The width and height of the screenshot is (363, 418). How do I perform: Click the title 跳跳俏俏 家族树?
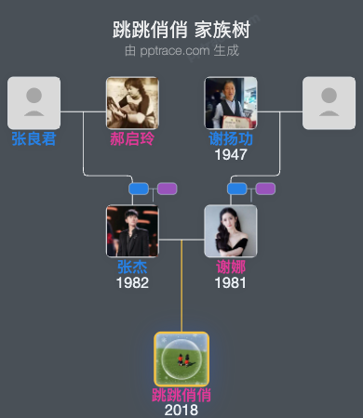pos(181,29)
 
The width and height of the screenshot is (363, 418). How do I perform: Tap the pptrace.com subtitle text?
pos(181,49)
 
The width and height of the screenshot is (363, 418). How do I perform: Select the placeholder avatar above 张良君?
pos(34,102)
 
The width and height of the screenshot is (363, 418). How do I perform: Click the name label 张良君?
pos(34,139)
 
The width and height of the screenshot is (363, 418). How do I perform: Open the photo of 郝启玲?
pos(132,102)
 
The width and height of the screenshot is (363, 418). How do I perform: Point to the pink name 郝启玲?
pos(132,139)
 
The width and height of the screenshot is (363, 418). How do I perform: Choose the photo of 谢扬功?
pos(231,102)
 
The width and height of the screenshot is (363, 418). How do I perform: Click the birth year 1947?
pos(231,154)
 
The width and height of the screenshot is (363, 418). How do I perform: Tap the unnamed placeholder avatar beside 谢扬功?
pos(329,102)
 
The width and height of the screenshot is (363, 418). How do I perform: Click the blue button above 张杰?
pos(139,189)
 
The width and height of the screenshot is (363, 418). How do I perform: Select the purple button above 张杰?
pos(167,189)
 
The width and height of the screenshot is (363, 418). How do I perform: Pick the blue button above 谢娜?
pos(237,189)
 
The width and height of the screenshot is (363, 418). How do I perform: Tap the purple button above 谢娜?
pos(265,189)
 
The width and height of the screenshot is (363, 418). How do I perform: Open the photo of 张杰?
pos(132,230)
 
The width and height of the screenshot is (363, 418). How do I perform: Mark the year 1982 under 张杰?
pos(132,282)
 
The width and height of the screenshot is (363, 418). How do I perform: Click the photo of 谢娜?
pos(231,230)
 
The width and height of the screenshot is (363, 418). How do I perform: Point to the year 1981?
pos(231,282)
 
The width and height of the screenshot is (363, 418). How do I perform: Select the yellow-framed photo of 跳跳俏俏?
pos(181,359)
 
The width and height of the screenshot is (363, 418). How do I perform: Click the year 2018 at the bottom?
pos(181,410)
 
